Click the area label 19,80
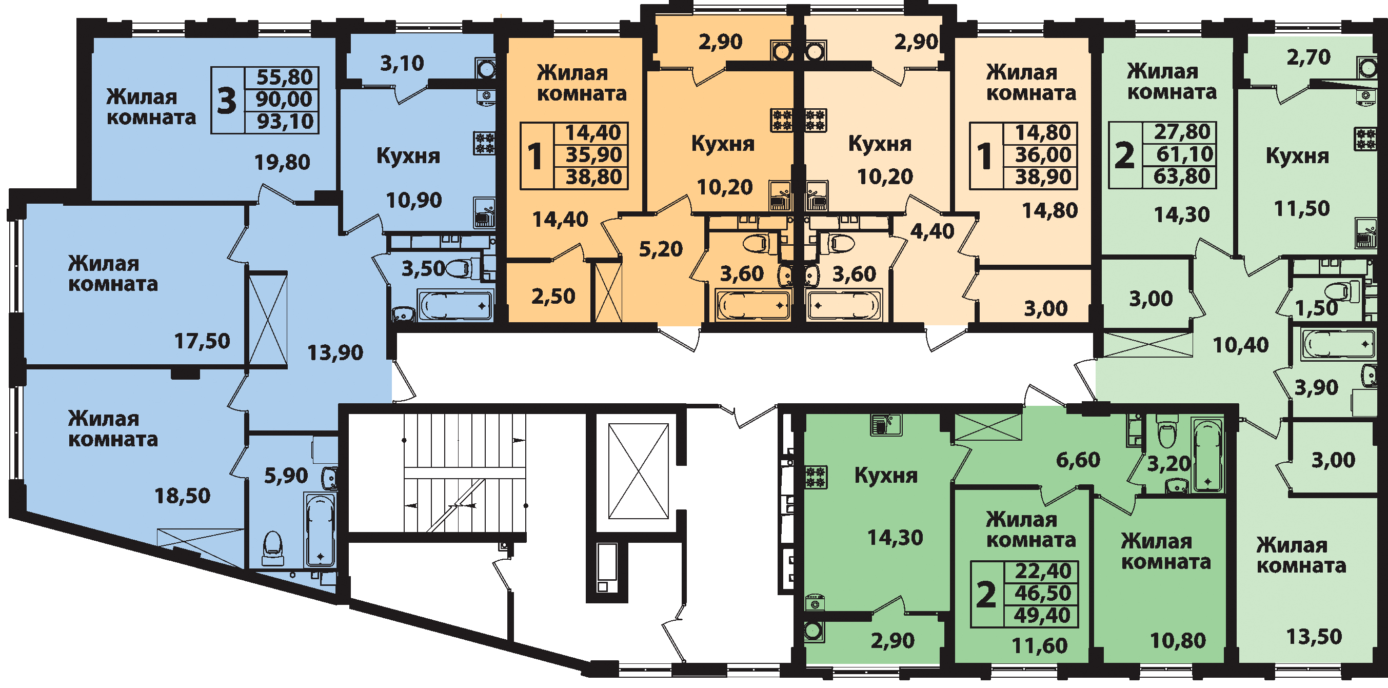(282, 162)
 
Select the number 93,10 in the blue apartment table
(285, 122)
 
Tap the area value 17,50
(202, 341)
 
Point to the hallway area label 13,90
(335, 353)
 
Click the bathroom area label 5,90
(286, 476)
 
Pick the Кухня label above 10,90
(408, 156)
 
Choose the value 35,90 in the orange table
(594, 155)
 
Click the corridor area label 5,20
(661, 249)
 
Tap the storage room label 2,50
(553, 297)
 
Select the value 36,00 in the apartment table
(1043, 155)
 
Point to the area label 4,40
(932, 231)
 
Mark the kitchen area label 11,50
(1302, 208)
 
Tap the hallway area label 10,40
(1241, 345)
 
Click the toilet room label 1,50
(1316, 308)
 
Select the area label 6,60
(1078, 460)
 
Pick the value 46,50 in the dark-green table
(1043, 593)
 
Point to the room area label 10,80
(1178, 641)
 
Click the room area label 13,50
(1314, 637)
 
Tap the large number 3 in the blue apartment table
(227, 100)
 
